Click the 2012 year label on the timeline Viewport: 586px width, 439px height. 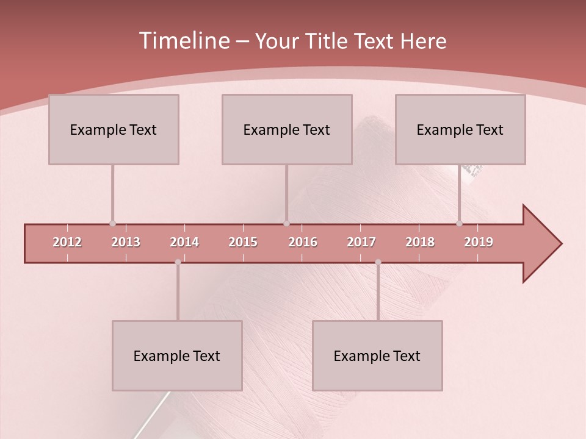(x=67, y=242)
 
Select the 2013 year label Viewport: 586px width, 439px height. (x=126, y=242)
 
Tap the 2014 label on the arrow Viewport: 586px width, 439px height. (x=184, y=242)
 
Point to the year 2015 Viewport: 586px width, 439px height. (x=243, y=242)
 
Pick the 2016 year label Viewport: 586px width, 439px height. (x=303, y=242)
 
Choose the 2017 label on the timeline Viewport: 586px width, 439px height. (x=361, y=242)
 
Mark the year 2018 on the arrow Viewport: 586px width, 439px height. (x=420, y=242)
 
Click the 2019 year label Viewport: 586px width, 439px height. (x=479, y=242)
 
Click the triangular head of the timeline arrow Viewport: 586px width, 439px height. (x=541, y=244)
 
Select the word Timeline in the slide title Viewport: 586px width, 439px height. (x=183, y=41)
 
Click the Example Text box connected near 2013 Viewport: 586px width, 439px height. (x=114, y=129)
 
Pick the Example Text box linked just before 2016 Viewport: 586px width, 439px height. (x=287, y=129)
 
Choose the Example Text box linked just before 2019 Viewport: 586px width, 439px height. (x=460, y=129)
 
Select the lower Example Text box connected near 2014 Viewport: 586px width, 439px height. (x=177, y=355)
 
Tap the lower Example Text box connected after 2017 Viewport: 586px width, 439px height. (x=377, y=355)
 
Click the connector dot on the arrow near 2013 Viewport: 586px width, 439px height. (x=112, y=224)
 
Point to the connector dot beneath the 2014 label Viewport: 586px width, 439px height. (x=178, y=262)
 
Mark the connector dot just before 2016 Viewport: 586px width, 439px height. (x=287, y=224)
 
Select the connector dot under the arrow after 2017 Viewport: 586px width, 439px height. (x=378, y=262)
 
